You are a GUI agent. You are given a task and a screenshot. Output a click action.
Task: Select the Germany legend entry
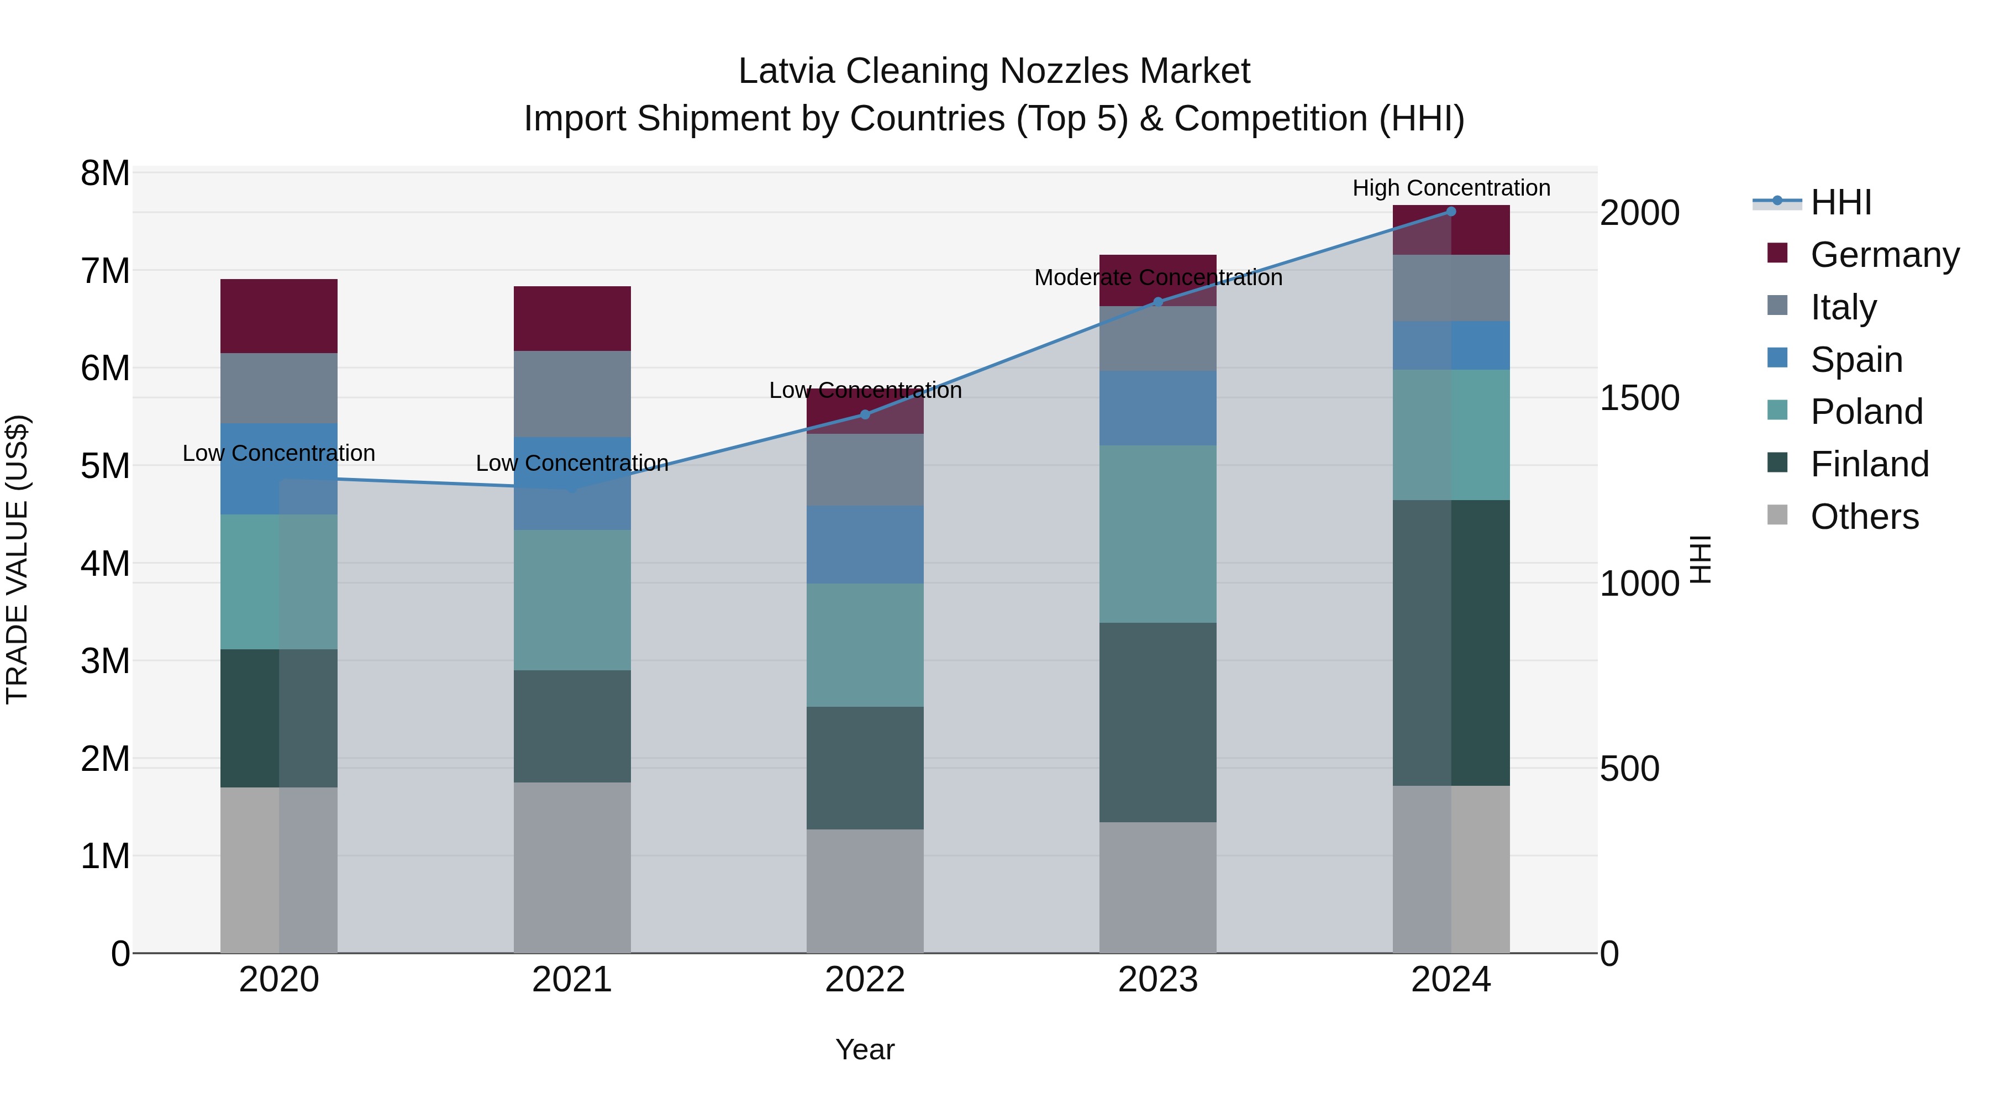1884,255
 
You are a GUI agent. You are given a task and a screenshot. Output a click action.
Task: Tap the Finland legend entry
1869,464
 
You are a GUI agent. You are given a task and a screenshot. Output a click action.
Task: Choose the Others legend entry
1864,517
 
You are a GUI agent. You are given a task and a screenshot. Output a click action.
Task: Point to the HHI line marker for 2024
1451,212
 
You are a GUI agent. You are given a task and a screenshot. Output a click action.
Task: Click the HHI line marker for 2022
865,414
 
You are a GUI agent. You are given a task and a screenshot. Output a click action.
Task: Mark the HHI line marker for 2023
1157,302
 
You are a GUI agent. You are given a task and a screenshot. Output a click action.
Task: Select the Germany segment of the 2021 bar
572,318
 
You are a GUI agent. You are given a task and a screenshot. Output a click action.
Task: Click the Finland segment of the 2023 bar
1157,722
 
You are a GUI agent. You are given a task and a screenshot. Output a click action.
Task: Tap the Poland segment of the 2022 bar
865,645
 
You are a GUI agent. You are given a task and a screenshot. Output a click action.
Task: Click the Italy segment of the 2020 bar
279,388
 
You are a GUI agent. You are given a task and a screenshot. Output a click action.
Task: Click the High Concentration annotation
1451,188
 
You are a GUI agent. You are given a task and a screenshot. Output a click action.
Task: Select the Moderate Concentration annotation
1157,277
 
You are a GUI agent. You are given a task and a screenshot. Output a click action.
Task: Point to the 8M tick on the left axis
105,173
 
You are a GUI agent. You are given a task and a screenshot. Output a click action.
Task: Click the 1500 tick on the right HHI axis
1639,398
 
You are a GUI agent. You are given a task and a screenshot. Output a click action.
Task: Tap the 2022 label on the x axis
865,980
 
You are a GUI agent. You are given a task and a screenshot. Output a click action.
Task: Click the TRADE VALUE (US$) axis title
17,559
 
